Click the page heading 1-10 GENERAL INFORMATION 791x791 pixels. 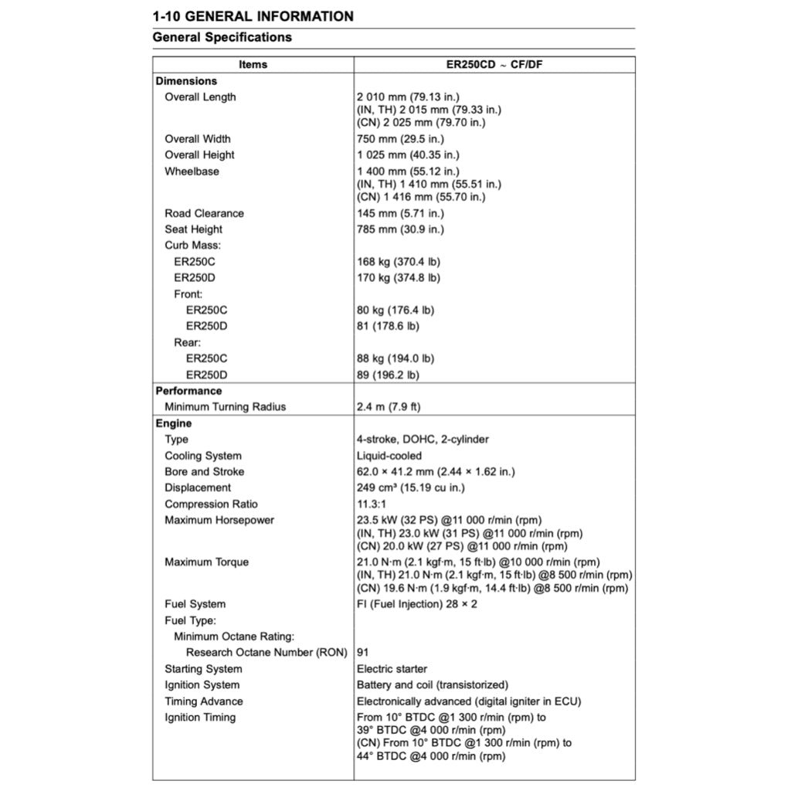[x=253, y=16]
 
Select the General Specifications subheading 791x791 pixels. [x=222, y=37]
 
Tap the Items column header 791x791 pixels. [x=253, y=64]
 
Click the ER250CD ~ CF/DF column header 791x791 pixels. [x=494, y=64]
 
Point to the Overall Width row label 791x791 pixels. [x=197, y=139]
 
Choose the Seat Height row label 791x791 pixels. [x=193, y=229]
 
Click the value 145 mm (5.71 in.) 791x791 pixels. [x=400, y=213]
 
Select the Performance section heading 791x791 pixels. [x=188, y=391]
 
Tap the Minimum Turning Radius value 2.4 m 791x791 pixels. [x=389, y=407]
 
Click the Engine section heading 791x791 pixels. [x=174, y=423]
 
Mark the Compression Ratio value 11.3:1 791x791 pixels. [x=372, y=504]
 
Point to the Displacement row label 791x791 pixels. [x=197, y=487]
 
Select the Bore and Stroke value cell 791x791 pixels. [x=436, y=471]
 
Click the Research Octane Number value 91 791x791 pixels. [x=363, y=652]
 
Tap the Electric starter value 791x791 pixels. [x=392, y=669]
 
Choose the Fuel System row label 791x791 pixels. [x=195, y=604]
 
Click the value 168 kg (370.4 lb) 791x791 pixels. [x=399, y=262]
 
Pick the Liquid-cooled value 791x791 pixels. [x=389, y=456]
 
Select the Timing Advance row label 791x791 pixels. [x=203, y=701]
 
